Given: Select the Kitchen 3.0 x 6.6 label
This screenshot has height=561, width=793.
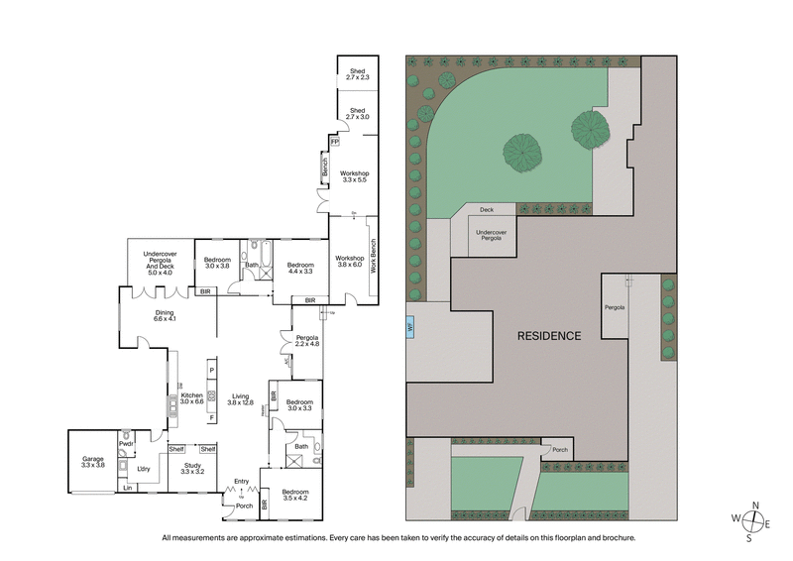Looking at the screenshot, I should click(x=191, y=397).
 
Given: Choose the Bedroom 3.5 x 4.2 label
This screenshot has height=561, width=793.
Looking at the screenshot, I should click(x=293, y=496).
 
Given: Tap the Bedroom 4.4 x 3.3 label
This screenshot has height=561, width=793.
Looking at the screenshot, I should click(x=300, y=269).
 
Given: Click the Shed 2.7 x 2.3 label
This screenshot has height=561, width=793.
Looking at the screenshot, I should click(x=357, y=73).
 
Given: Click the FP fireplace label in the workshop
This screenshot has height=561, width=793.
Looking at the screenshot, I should click(x=335, y=142).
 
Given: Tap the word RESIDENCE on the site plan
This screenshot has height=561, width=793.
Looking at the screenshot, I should click(x=548, y=336).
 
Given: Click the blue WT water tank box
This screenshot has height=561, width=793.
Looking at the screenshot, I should click(x=410, y=325).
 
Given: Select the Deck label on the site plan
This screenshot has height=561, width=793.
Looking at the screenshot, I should click(x=487, y=210).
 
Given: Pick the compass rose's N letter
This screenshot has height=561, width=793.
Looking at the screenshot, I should click(x=756, y=505).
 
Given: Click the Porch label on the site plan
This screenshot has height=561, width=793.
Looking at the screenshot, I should click(x=560, y=450).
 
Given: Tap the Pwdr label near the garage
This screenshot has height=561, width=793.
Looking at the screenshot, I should click(x=126, y=444).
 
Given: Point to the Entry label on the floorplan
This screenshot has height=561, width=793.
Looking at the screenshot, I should click(x=241, y=483).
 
